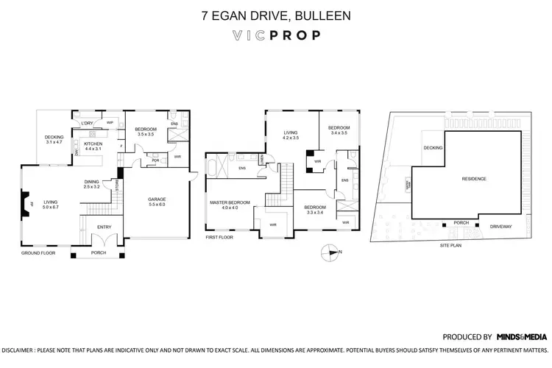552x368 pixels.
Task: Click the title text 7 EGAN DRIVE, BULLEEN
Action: click(275, 14)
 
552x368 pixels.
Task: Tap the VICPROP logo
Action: click(275, 35)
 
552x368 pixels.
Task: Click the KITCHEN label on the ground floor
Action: click(93, 146)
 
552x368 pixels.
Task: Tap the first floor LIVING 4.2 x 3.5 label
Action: click(291, 135)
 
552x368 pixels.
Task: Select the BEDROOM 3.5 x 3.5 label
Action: click(144, 132)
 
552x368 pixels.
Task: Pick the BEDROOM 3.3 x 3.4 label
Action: click(315, 210)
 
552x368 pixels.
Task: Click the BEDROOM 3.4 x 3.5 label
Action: click(339, 130)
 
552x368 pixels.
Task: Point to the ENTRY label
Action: click(105, 227)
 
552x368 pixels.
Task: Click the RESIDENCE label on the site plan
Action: click(473, 179)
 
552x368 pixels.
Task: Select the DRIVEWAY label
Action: click(503, 227)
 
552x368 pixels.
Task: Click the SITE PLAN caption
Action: click(450, 245)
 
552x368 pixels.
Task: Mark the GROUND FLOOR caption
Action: click(39, 252)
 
